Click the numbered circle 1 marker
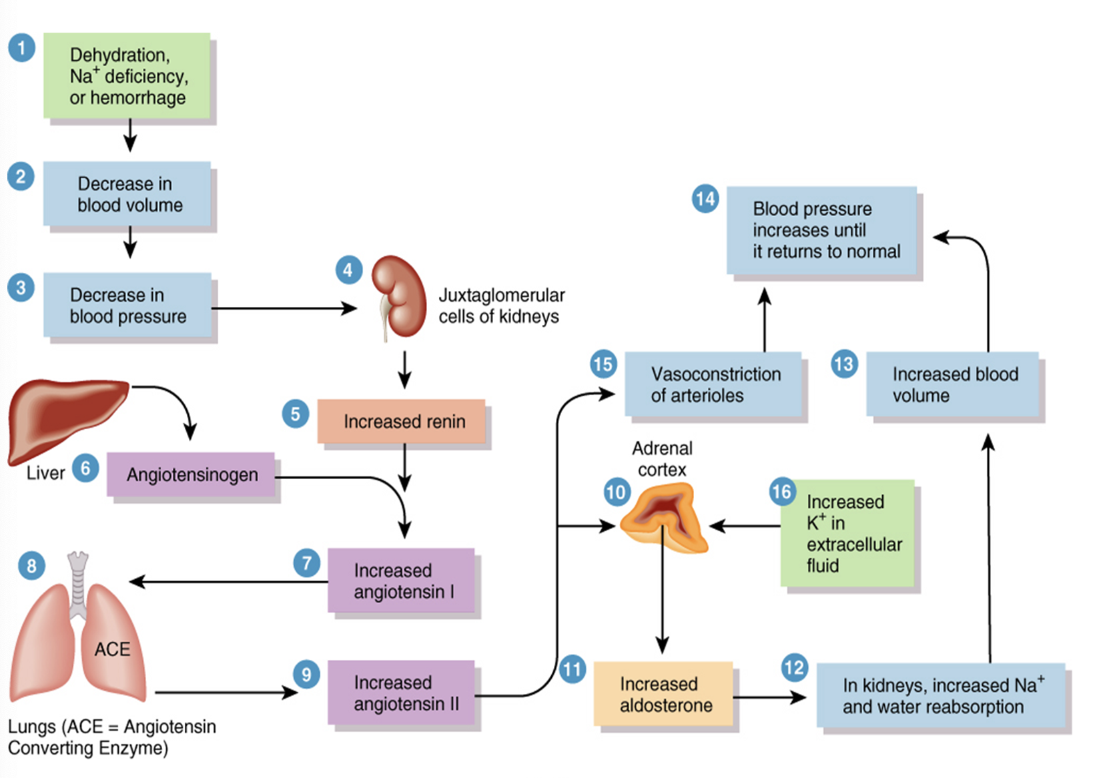pyautogui.click(x=21, y=48)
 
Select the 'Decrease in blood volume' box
pyautogui.click(x=127, y=194)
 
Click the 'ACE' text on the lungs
pyautogui.click(x=112, y=649)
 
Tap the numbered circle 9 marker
pyautogui.click(x=306, y=675)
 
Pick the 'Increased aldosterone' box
pyautogui.click(x=663, y=694)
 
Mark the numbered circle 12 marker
pyautogui.click(x=794, y=668)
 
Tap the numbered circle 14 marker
pyautogui.click(x=705, y=199)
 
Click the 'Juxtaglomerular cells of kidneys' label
pyautogui.click(x=500, y=306)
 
